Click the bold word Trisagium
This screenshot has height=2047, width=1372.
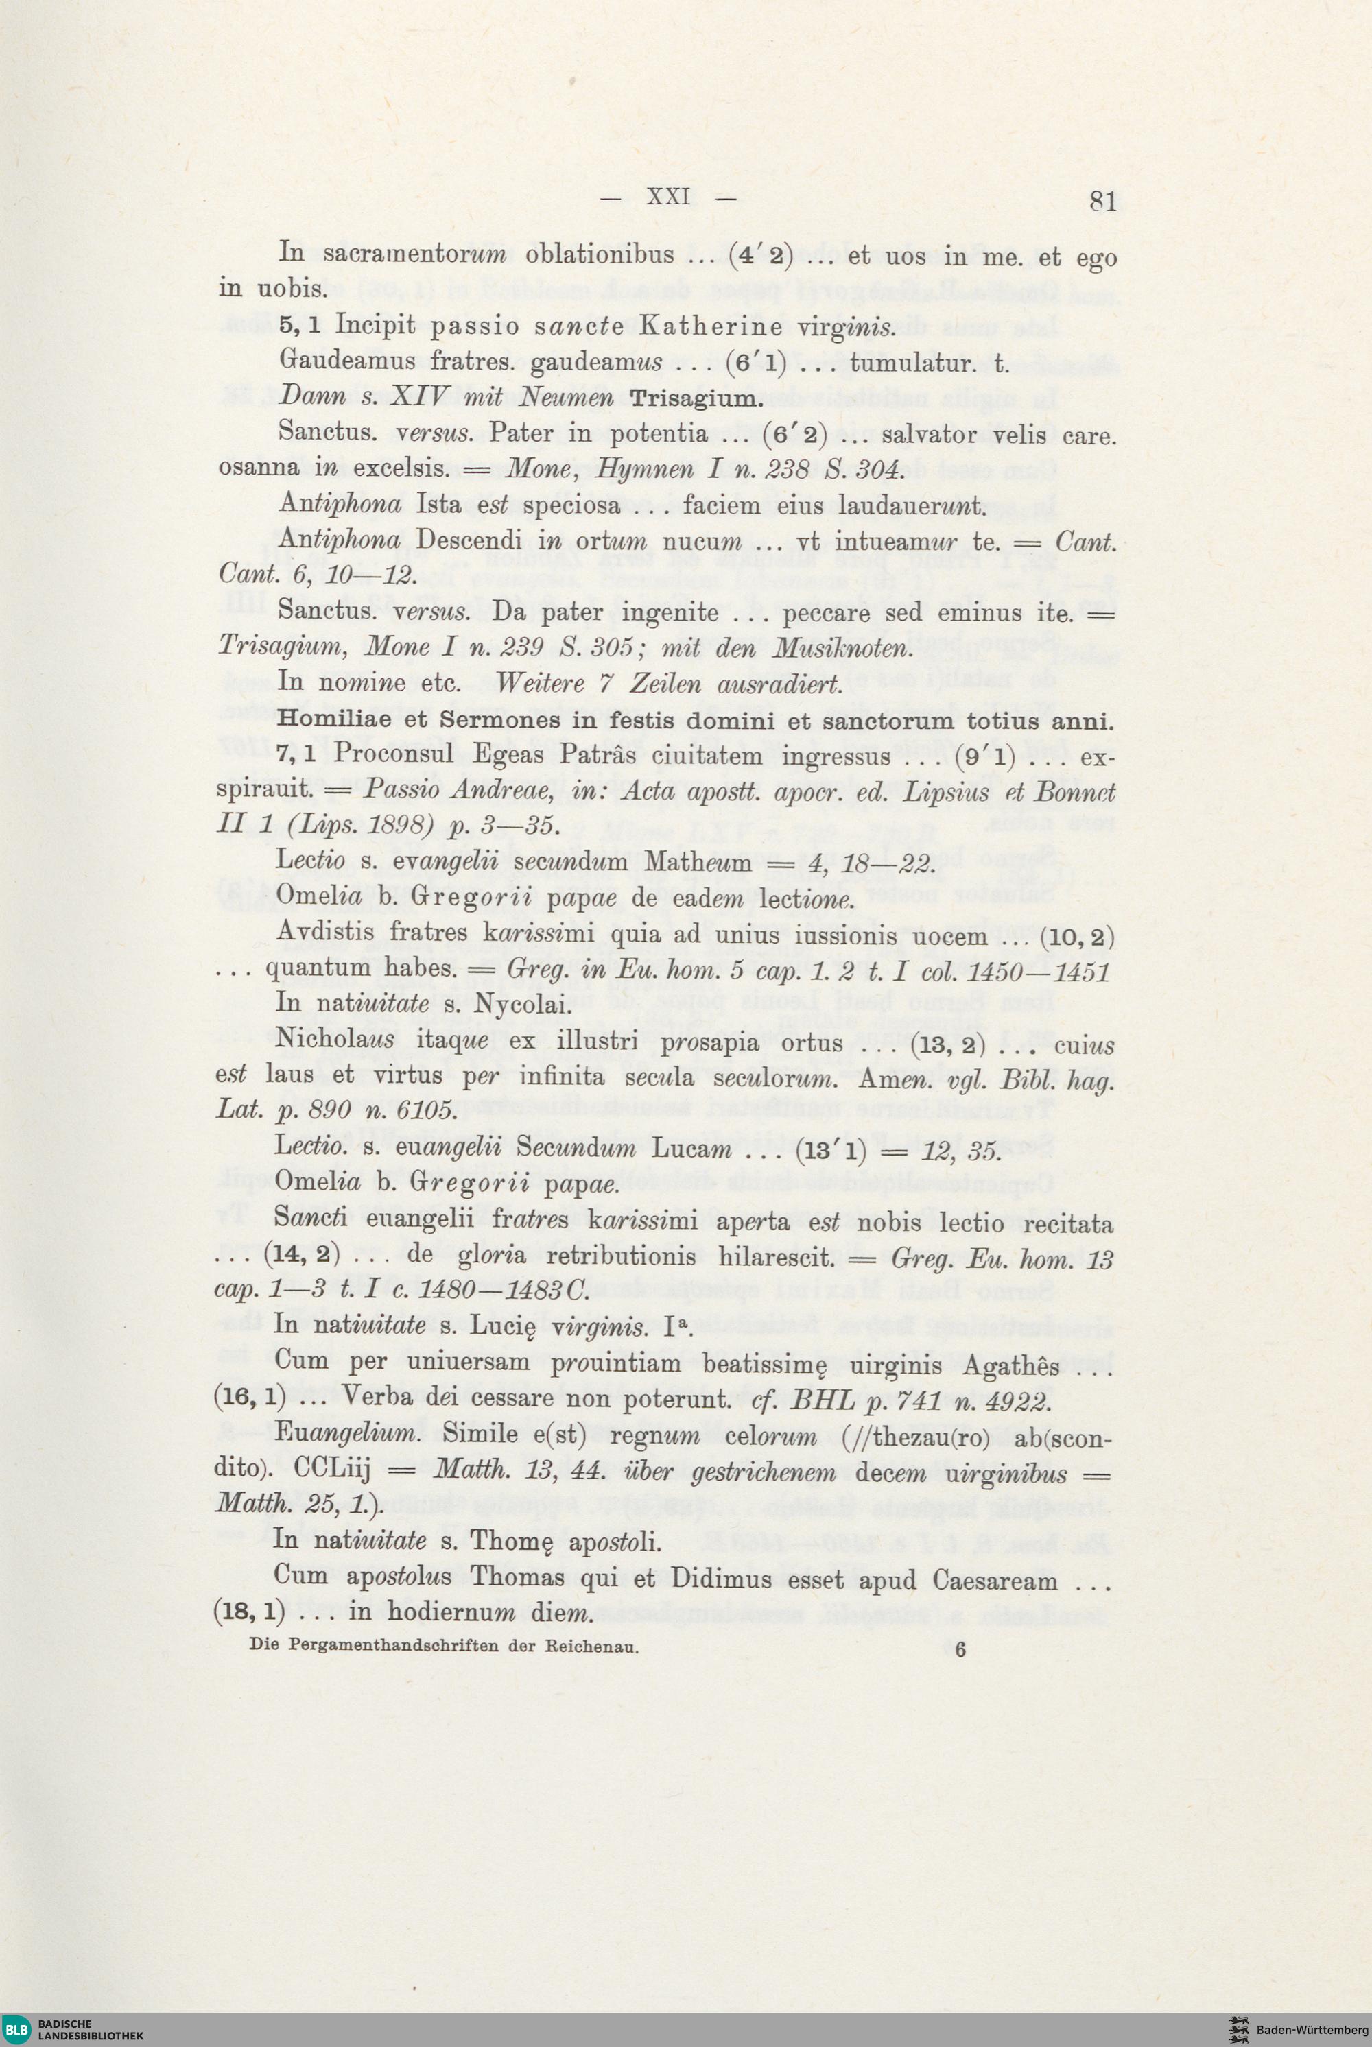click(696, 399)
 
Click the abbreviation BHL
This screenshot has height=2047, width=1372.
click(823, 1400)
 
